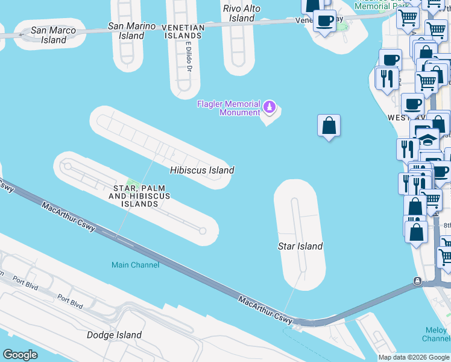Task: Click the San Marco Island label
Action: (54, 35)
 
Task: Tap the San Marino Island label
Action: (131, 31)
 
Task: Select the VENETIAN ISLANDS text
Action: (184, 31)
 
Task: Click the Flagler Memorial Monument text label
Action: (229, 108)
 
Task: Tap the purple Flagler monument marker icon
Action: (270, 108)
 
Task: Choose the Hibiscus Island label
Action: (202, 170)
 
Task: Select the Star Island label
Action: (300, 246)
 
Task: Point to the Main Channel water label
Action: (136, 265)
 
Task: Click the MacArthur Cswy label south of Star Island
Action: (265, 308)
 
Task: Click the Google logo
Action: (20, 355)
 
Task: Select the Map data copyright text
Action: (414, 357)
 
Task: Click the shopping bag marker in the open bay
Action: (329, 125)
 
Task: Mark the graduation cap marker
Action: (428, 139)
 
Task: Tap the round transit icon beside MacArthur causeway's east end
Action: (417, 281)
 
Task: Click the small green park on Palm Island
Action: (133, 187)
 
